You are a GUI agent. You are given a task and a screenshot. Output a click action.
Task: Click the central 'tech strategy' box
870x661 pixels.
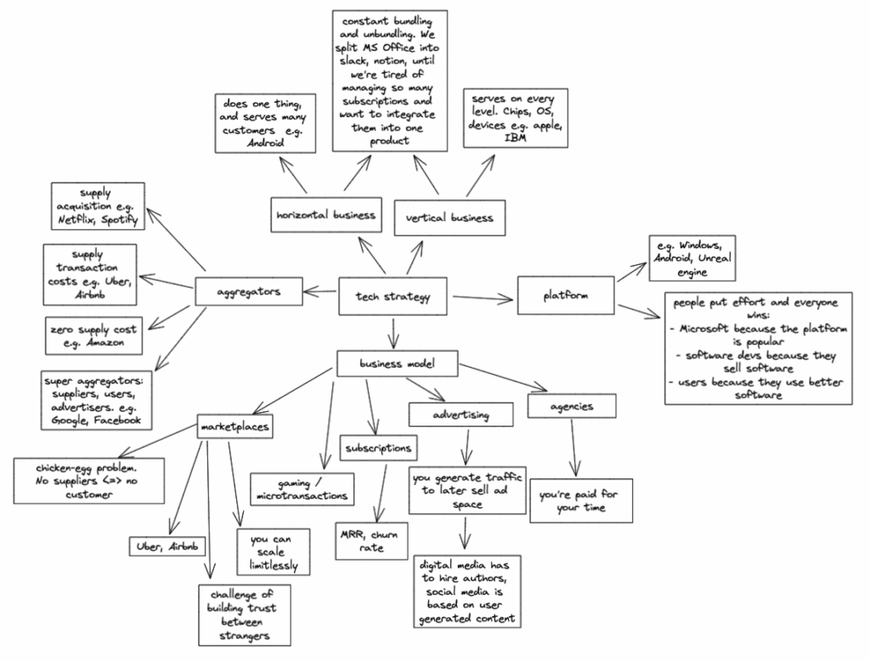tap(394, 297)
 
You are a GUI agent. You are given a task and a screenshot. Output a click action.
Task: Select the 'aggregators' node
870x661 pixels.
tap(248, 292)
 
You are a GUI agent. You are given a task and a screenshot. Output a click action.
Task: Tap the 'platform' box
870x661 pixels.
tap(566, 296)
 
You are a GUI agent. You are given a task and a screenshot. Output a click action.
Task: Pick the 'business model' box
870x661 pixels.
tap(398, 364)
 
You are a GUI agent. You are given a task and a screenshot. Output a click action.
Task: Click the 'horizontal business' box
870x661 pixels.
tap(325, 216)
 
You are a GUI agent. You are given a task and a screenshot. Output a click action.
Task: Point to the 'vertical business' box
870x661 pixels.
tap(450, 218)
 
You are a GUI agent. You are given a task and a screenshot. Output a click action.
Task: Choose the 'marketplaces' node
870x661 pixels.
tap(235, 426)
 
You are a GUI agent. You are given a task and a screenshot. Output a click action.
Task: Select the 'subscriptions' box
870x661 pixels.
tap(379, 447)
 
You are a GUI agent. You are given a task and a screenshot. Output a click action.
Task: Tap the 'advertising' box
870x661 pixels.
tap(461, 414)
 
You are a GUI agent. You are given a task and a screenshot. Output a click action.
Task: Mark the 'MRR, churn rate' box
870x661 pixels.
tap(371, 541)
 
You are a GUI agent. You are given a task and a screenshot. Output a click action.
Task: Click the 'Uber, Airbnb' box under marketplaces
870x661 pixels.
tap(167, 546)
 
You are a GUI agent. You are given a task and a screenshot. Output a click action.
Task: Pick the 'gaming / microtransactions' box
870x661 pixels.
tap(303, 487)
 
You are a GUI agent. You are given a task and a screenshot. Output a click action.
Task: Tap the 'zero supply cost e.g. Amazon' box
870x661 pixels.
tap(94, 334)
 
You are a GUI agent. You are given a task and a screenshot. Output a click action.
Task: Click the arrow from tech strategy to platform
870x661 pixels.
tap(484, 297)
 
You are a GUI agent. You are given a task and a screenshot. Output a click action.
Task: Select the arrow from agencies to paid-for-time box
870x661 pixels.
tap(576, 448)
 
